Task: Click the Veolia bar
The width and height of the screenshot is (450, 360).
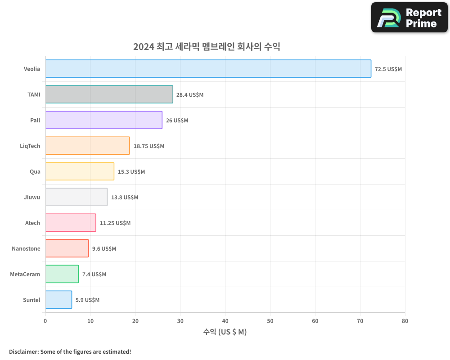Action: (208, 69)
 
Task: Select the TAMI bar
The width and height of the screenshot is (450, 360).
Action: (109, 94)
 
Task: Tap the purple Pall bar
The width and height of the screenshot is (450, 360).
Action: (103, 120)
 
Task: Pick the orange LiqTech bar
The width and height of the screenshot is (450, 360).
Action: (87, 146)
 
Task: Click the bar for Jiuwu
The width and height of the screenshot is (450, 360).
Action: (76, 197)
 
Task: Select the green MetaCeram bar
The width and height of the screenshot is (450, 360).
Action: (62, 274)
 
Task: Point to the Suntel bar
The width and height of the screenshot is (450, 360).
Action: (58, 300)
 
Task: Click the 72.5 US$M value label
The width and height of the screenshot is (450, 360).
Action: (388, 69)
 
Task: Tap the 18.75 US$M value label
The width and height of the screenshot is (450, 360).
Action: (149, 146)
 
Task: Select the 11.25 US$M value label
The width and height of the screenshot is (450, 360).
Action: (115, 223)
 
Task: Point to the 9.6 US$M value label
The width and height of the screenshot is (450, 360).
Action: (104, 249)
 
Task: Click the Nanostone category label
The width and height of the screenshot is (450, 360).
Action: (26, 249)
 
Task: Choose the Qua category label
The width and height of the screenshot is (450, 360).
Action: (35, 172)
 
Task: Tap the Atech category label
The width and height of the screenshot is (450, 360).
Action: (33, 223)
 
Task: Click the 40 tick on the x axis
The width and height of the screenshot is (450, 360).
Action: (225, 321)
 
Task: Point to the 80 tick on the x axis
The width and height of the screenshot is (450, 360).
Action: (405, 321)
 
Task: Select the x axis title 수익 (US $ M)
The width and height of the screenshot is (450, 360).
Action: (225, 332)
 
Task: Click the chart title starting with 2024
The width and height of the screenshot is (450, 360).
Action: (207, 46)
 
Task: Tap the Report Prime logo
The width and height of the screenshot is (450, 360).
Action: (409, 18)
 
